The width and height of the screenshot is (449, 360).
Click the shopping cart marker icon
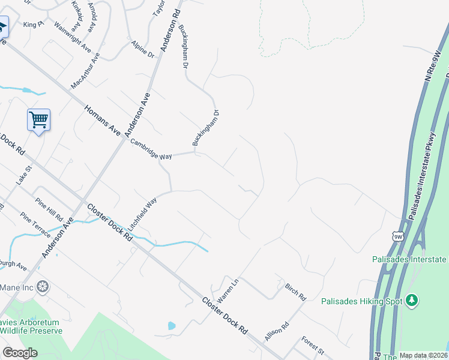(38, 119)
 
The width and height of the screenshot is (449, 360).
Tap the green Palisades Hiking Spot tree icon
(411, 299)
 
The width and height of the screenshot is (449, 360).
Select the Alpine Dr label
(143, 50)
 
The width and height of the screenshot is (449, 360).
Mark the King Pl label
(34, 25)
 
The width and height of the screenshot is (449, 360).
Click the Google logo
(20, 353)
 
